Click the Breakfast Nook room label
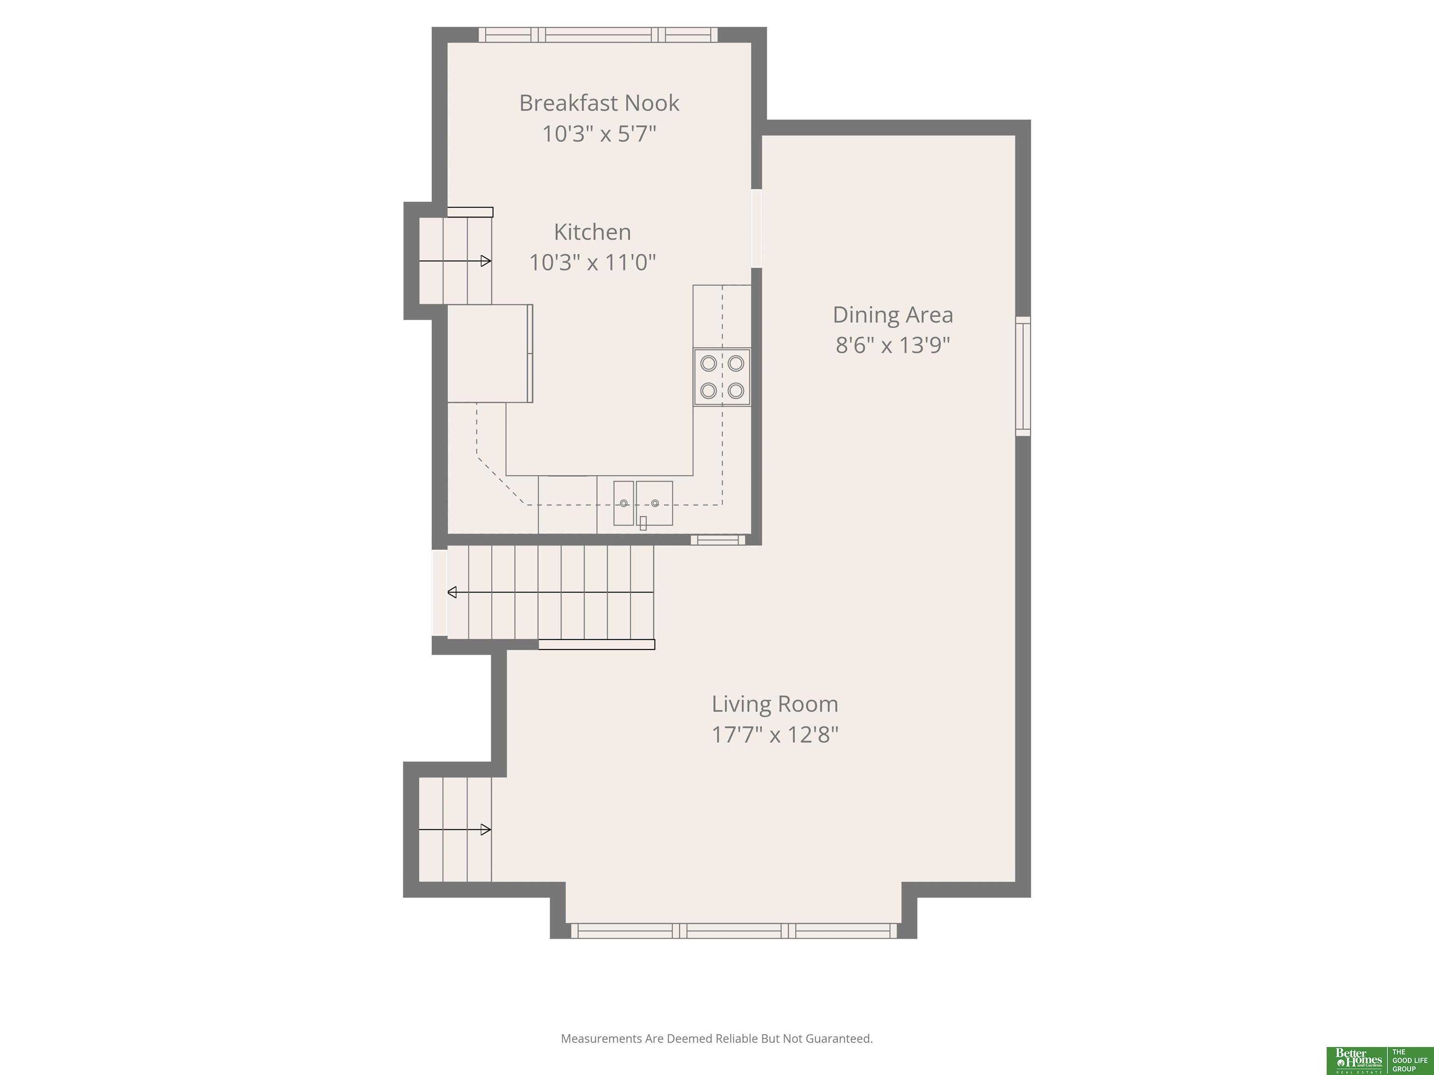coord(599,103)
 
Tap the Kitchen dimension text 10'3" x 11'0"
coord(592,262)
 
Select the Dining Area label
coord(893,315)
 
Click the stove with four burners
coord(722,377)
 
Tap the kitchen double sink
coord(643,503)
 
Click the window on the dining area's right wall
coord(1023,376)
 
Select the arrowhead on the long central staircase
coord(452,592)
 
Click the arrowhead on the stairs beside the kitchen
coord(485,261)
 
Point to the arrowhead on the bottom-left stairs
coord(485,830)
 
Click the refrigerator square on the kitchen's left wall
coord(490,354)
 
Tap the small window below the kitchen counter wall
coord(717,540)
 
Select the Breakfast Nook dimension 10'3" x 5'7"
coord(599,134)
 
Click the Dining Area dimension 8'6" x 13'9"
coord(893,345)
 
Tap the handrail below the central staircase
coord(597,644)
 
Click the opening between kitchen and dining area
coord(757,228)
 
